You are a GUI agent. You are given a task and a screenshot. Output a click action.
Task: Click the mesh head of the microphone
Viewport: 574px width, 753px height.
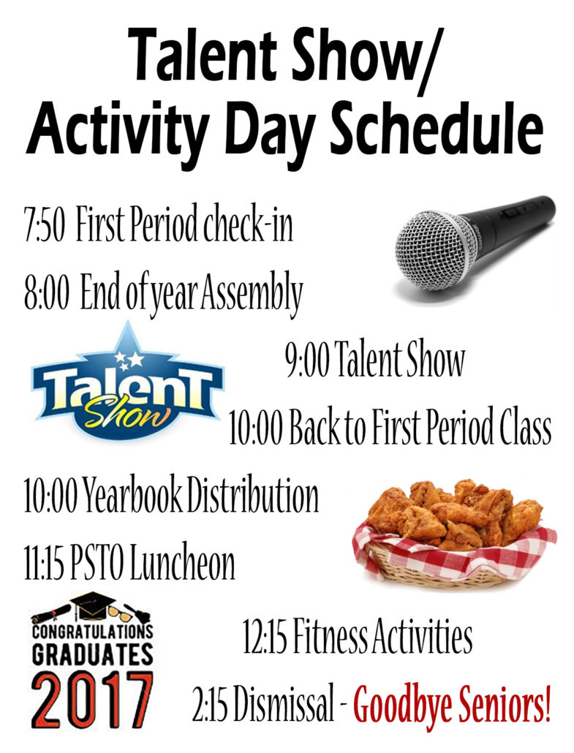(434, 252)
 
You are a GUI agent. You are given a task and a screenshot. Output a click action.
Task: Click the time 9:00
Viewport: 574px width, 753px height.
(307, 360)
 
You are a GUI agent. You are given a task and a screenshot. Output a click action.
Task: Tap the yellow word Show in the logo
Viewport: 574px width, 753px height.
(126, 414)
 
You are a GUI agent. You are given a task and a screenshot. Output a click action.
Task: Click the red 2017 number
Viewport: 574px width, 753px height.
(92, 701)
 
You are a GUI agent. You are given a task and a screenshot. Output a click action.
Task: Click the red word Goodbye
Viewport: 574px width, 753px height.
(402, 706)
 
